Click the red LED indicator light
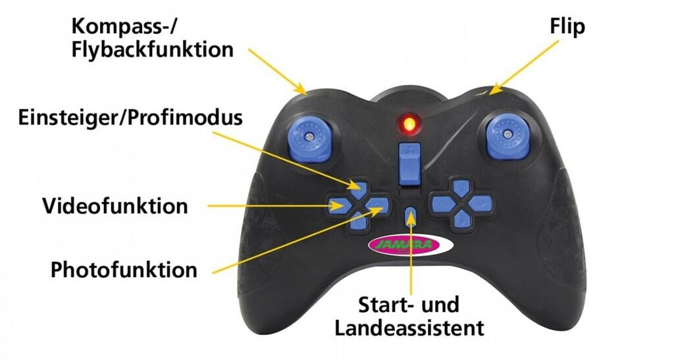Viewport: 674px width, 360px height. [x=408, y=123]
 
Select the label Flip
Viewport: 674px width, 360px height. [x=567, y=26]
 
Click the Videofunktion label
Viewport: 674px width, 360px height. [x=115, y=206]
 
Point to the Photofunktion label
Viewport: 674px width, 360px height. [x=124, y=270]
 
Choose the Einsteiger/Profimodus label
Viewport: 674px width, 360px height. [x=130, y=118]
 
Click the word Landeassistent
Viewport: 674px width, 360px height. [x=409, y=328]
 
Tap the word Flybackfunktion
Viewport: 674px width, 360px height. [x=153, y=49]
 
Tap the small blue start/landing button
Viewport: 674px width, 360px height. [x=410, y=216]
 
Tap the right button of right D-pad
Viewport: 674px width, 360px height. [x=481, y=205]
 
